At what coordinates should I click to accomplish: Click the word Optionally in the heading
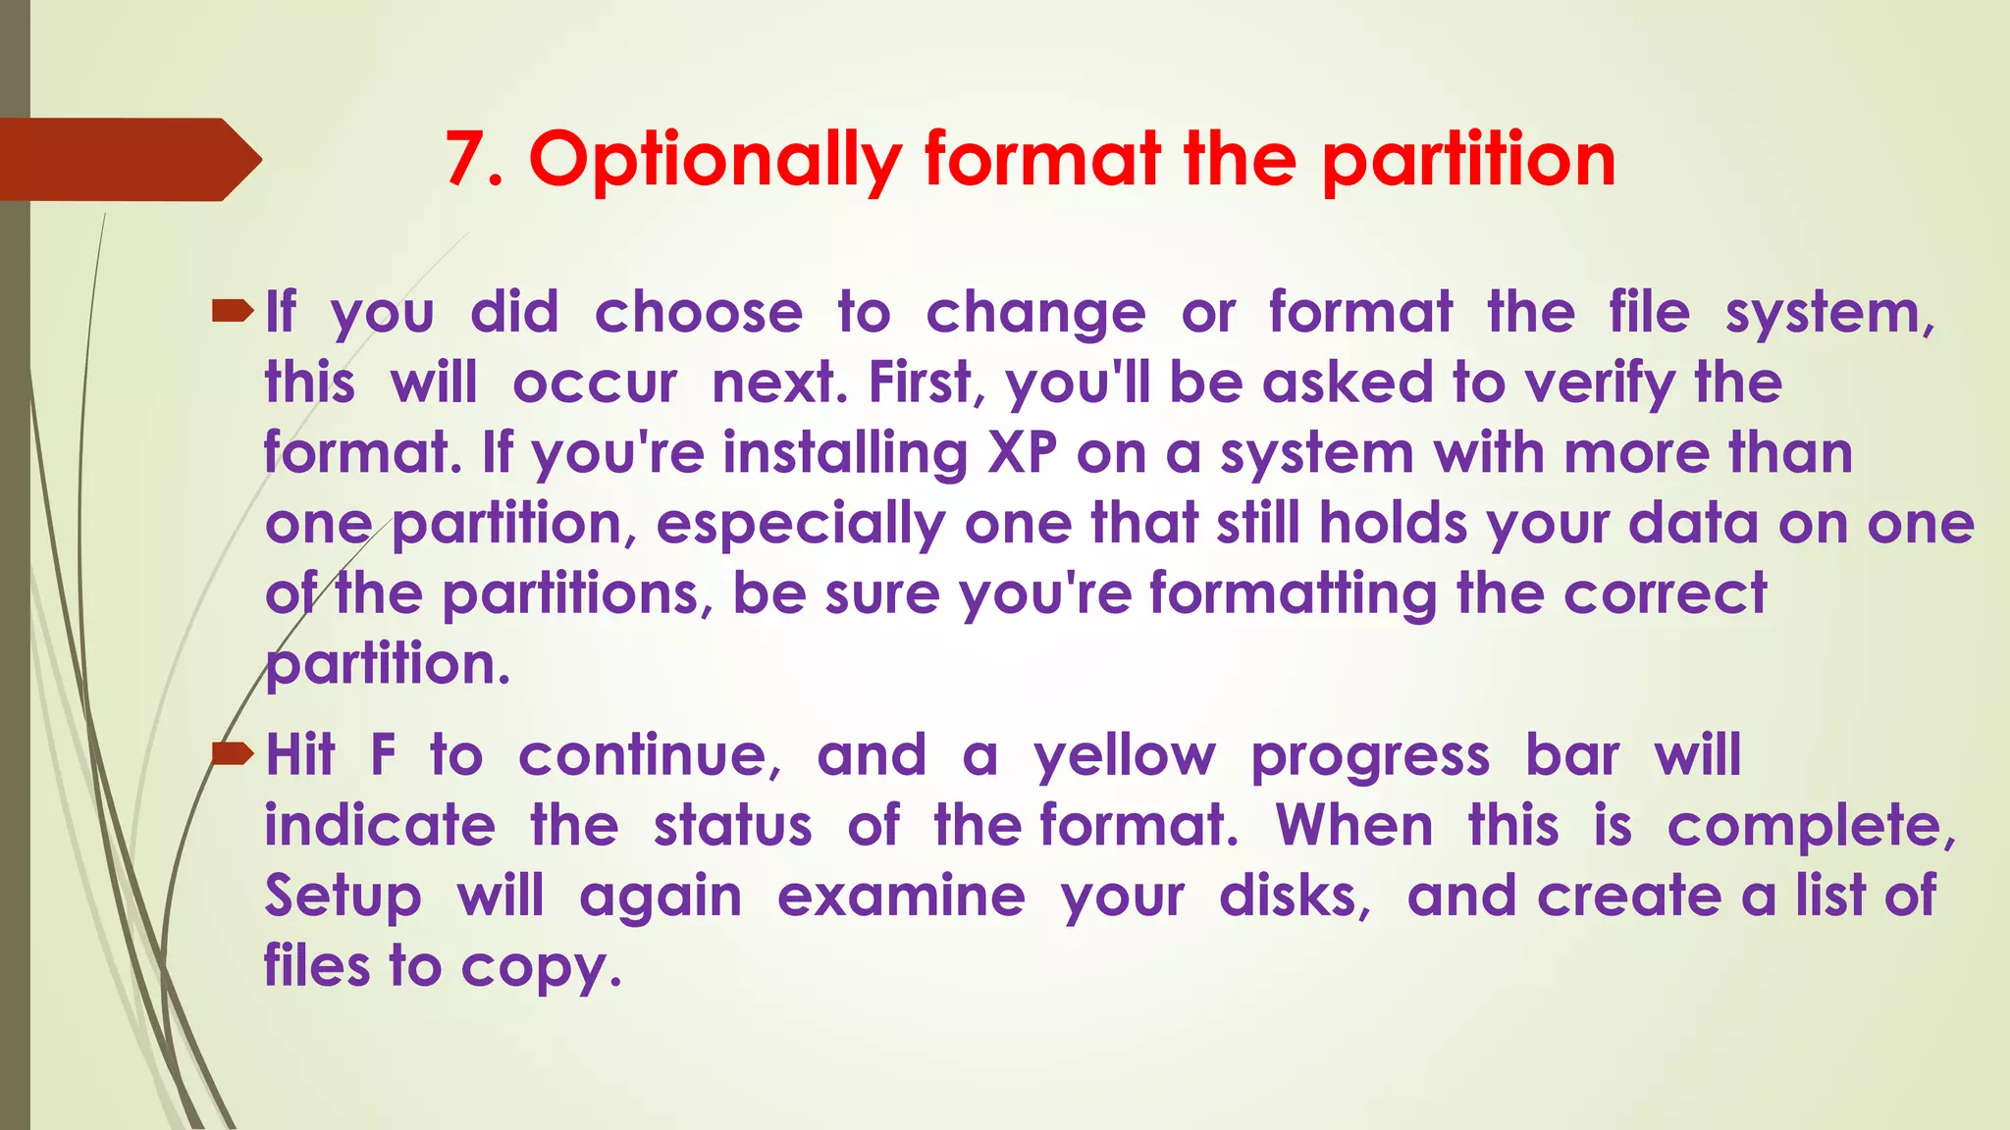coord(714,160)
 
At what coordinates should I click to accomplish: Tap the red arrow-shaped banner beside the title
coord(128,160)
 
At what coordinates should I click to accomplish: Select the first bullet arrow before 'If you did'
coord(232,313)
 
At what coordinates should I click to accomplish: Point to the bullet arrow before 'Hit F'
coord(232,754)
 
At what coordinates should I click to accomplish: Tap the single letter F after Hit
coord(383,755)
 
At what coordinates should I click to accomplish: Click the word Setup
coord(343,898)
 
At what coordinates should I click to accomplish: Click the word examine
coord(901,897)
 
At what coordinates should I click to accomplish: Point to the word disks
coord(1294,897)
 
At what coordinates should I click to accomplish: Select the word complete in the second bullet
coord(1810,826)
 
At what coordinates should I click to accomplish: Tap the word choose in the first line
coord(698,313)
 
